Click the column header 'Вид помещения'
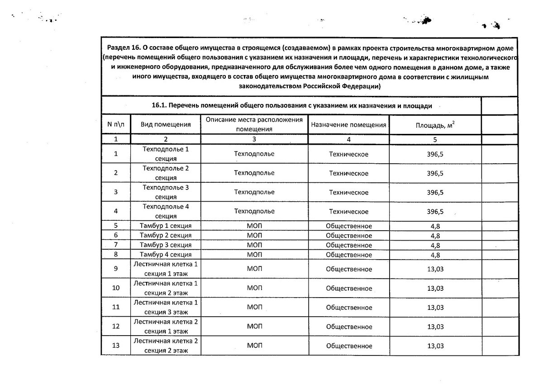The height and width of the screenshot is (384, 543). [165, 124]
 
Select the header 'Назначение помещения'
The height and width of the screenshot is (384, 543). [348, 124]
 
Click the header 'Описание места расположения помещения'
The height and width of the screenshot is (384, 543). [254, 124]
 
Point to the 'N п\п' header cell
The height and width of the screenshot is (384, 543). [116, 124]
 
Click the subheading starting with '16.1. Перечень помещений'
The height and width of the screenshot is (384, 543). [292, 106]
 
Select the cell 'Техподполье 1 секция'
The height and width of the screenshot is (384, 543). [165, 154]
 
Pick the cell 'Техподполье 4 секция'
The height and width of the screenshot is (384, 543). [165, 211]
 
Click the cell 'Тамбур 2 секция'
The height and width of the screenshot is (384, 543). [165, 235]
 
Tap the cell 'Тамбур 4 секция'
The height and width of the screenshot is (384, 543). [165, 255]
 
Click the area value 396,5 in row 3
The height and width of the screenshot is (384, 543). [435, 192]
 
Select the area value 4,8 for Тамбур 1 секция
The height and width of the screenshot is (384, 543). [435, 226]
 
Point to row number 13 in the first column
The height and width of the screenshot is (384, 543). [116, 346]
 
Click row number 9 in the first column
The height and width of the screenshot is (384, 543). [116, 269]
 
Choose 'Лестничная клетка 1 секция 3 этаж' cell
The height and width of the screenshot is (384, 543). [165, 307]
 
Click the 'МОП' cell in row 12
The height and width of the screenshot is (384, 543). [254, 326]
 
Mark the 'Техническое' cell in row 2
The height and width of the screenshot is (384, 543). [348, 173]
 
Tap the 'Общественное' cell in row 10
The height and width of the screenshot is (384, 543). [348, 288]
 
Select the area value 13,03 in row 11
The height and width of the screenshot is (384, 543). [435, 307]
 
